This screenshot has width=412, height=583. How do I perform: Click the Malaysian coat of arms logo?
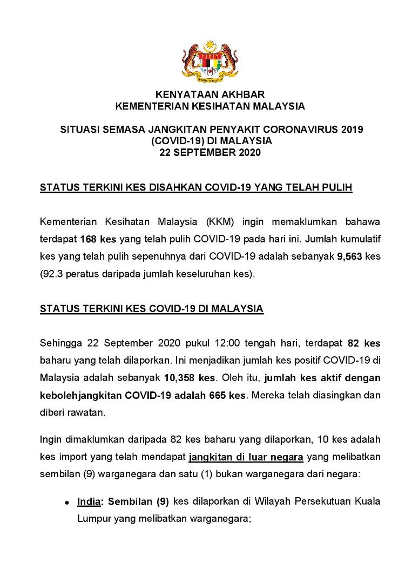tap(210, 60)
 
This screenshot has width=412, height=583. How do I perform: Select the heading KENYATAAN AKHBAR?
tap(210, 94)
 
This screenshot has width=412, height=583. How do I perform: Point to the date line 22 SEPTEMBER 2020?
tap(210, 153)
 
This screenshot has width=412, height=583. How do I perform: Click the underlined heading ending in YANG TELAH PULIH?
tap(196, 188)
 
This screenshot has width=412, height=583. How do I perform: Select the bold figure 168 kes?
tap(94, 239)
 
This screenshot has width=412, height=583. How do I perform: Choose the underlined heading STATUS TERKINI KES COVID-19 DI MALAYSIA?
tap(152, 309)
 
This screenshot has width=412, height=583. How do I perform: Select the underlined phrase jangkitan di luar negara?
tap(246, 457)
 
